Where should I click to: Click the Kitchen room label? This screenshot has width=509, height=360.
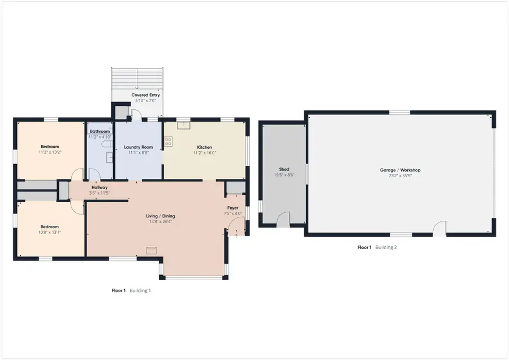[x=204, y=147]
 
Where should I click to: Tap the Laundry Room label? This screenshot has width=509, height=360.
[x=138, y=147]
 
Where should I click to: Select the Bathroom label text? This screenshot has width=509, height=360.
[x=100, y=132]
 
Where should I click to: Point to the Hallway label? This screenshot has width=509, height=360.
[x=100, y=187]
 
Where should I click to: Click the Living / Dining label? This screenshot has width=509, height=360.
[x=161, y=216]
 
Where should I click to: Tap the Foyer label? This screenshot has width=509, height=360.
[x=233, y=208]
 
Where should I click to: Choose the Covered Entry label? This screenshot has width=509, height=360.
[x=145, y=95]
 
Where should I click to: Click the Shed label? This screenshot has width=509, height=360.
[x=284, y=169]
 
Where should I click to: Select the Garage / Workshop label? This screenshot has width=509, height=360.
[x=400, y=170]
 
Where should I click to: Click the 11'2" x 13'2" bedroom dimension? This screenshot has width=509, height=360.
[x=50, y=152]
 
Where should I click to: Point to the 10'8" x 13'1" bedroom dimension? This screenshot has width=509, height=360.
[x=49, y=232]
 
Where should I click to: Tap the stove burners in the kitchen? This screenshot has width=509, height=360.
[x=168, y=141]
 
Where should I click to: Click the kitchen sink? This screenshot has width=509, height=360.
[x=183, y=125]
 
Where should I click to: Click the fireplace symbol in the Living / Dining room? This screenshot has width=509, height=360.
[x=152, y=250]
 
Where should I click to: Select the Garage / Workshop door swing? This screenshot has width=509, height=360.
[x=439, y=228]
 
